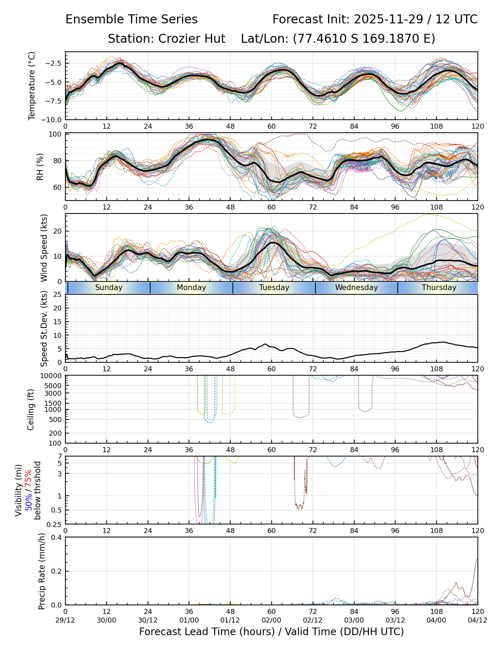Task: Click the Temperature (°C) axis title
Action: pyautogui.click(x=32, y=86)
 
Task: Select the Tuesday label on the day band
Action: pyautogui.click(x=274, y=288)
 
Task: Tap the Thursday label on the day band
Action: pyautogui.click(x=439, y=288)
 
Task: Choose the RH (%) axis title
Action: pyautogui.click(x=40, y=167)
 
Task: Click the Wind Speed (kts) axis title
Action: pyautogui.click(x=44, y=248)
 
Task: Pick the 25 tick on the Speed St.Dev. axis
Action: pyautogui.click(x=57, y=295)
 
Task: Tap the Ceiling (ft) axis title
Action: pyautogui.click(x=31, y=409)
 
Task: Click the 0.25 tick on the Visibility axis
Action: pyautogui.click(x=55, y=524)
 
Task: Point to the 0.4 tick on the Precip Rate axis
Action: pyautogui.click(x=57, y=537)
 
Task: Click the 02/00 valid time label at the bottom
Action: pyautogui.click(x=271, y=620)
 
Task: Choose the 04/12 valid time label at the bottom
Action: pyautogui.click(x=477, y=620)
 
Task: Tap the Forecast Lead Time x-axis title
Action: pyautogui.click(x=271, y=632)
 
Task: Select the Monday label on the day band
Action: pyautogui.click(x=191, y=288)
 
